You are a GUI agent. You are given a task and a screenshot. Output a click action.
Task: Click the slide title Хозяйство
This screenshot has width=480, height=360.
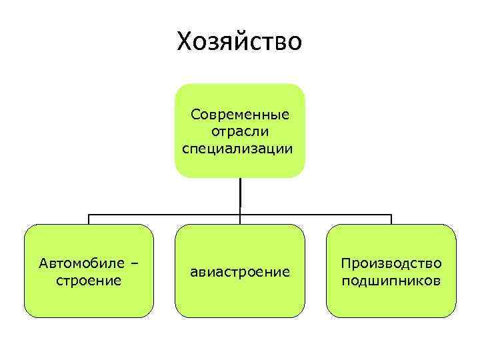pos(239,42)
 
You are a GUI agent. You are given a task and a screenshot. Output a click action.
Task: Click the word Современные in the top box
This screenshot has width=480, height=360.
pos(240,114)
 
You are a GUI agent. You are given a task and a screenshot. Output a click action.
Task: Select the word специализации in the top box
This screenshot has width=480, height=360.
pos(237,147)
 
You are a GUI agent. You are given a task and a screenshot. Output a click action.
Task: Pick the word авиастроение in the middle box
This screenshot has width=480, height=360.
pos(240,271)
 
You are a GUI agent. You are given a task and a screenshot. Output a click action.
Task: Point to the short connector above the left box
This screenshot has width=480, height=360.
pos(89,219)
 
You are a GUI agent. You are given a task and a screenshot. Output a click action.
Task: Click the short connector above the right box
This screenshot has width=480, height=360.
pos(391,219)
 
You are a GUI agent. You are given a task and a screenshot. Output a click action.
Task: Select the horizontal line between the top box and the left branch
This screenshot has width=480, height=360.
pos(164,215)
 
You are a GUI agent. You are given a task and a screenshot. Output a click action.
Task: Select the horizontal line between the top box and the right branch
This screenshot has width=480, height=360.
pos(316,215)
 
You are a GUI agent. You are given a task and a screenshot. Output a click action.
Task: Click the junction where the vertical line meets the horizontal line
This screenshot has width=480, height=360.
pos(240,215)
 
